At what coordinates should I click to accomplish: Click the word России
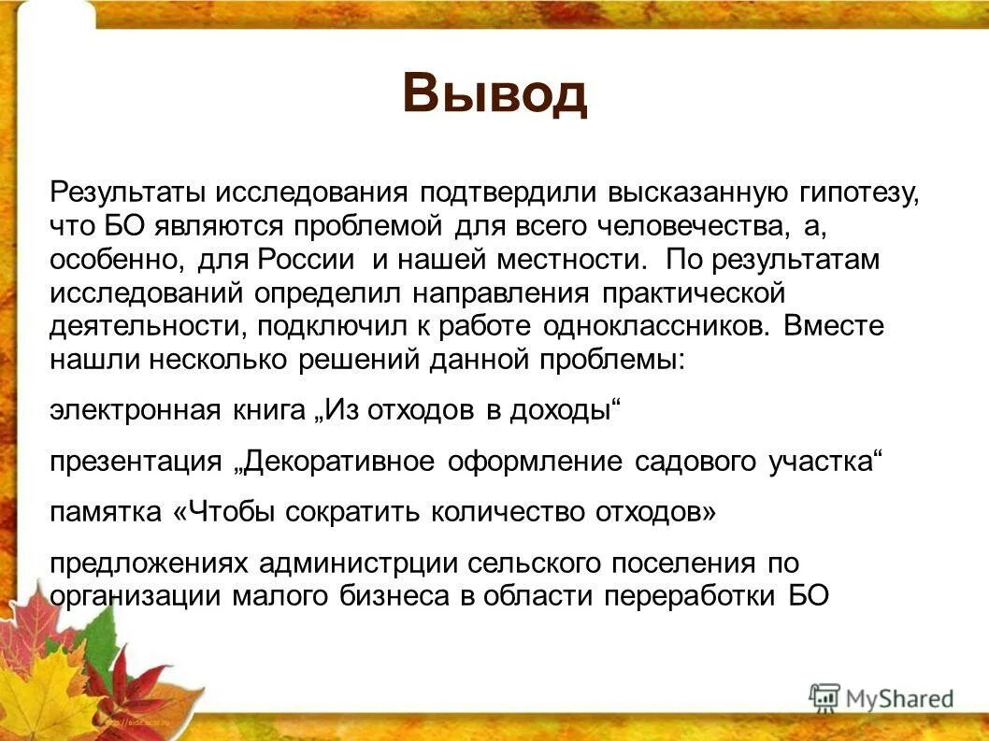click(x=312, y=260)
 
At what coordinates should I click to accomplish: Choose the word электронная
click(x=135, y=411)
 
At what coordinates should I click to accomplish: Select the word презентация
click(x=139, y=462)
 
